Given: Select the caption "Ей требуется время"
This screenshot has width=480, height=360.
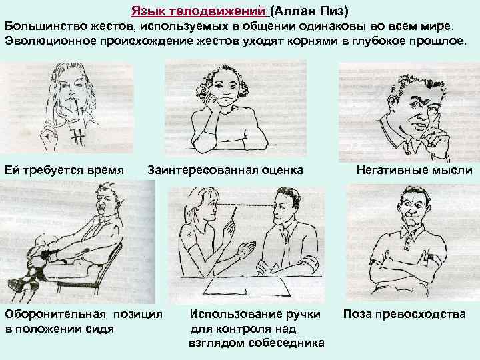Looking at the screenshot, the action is (64, 170).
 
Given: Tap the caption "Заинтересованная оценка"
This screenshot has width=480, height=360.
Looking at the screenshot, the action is (225, 170).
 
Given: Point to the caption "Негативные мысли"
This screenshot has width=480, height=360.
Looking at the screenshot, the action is (415, 170).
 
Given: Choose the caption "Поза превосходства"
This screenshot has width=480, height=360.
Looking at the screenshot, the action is (405, 314).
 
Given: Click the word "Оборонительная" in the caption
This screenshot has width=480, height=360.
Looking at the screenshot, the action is (55, 314).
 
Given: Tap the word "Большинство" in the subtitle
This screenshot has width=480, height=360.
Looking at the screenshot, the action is (46, 26).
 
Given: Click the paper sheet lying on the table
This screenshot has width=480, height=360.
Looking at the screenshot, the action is (247, 286).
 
